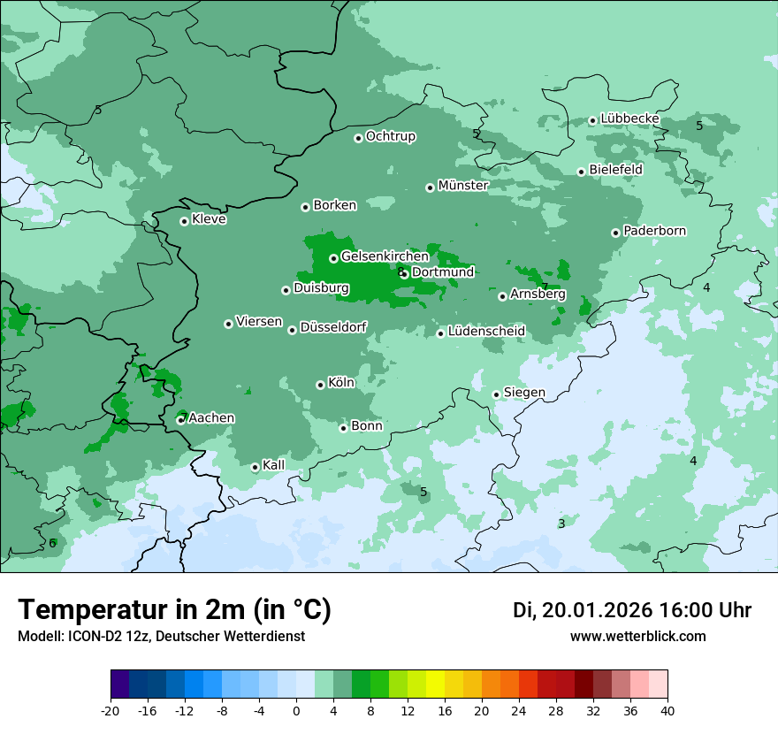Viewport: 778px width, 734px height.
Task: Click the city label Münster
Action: (x=463, y=186)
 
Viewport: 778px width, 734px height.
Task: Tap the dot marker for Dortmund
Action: (x=405, y=274)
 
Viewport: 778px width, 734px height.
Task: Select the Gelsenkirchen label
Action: (x=385, y=256)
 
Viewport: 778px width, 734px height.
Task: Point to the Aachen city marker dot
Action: (x=180, y=420)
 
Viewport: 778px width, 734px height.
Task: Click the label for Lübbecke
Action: (x=629, y=119)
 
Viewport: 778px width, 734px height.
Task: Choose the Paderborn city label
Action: (x=654, y=231)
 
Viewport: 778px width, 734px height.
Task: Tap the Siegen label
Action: (x=524, y=393)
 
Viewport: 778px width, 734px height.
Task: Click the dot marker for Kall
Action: (x=256, y=467)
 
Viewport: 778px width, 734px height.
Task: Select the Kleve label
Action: (x=209, y=219)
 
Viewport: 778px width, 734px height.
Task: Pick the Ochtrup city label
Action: (x=390, y=136)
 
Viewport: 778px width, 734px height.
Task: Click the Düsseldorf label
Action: (x=333, y=328)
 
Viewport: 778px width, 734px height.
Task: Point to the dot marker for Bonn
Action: (x=344, y=428)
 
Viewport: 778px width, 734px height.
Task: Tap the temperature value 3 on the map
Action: (x=561, y=524)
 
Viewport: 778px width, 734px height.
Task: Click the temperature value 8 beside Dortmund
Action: (x=400, y=271)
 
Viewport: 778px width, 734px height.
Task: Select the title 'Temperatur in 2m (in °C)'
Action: (x=175, y=610)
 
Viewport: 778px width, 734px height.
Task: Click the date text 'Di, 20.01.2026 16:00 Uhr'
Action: (x=632, y=610)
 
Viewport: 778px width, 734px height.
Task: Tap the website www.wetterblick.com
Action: (x=637, y=636)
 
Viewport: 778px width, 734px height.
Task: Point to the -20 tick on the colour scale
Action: (x=111, y=710)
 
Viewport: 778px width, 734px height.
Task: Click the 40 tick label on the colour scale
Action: (x=667, y=710)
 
